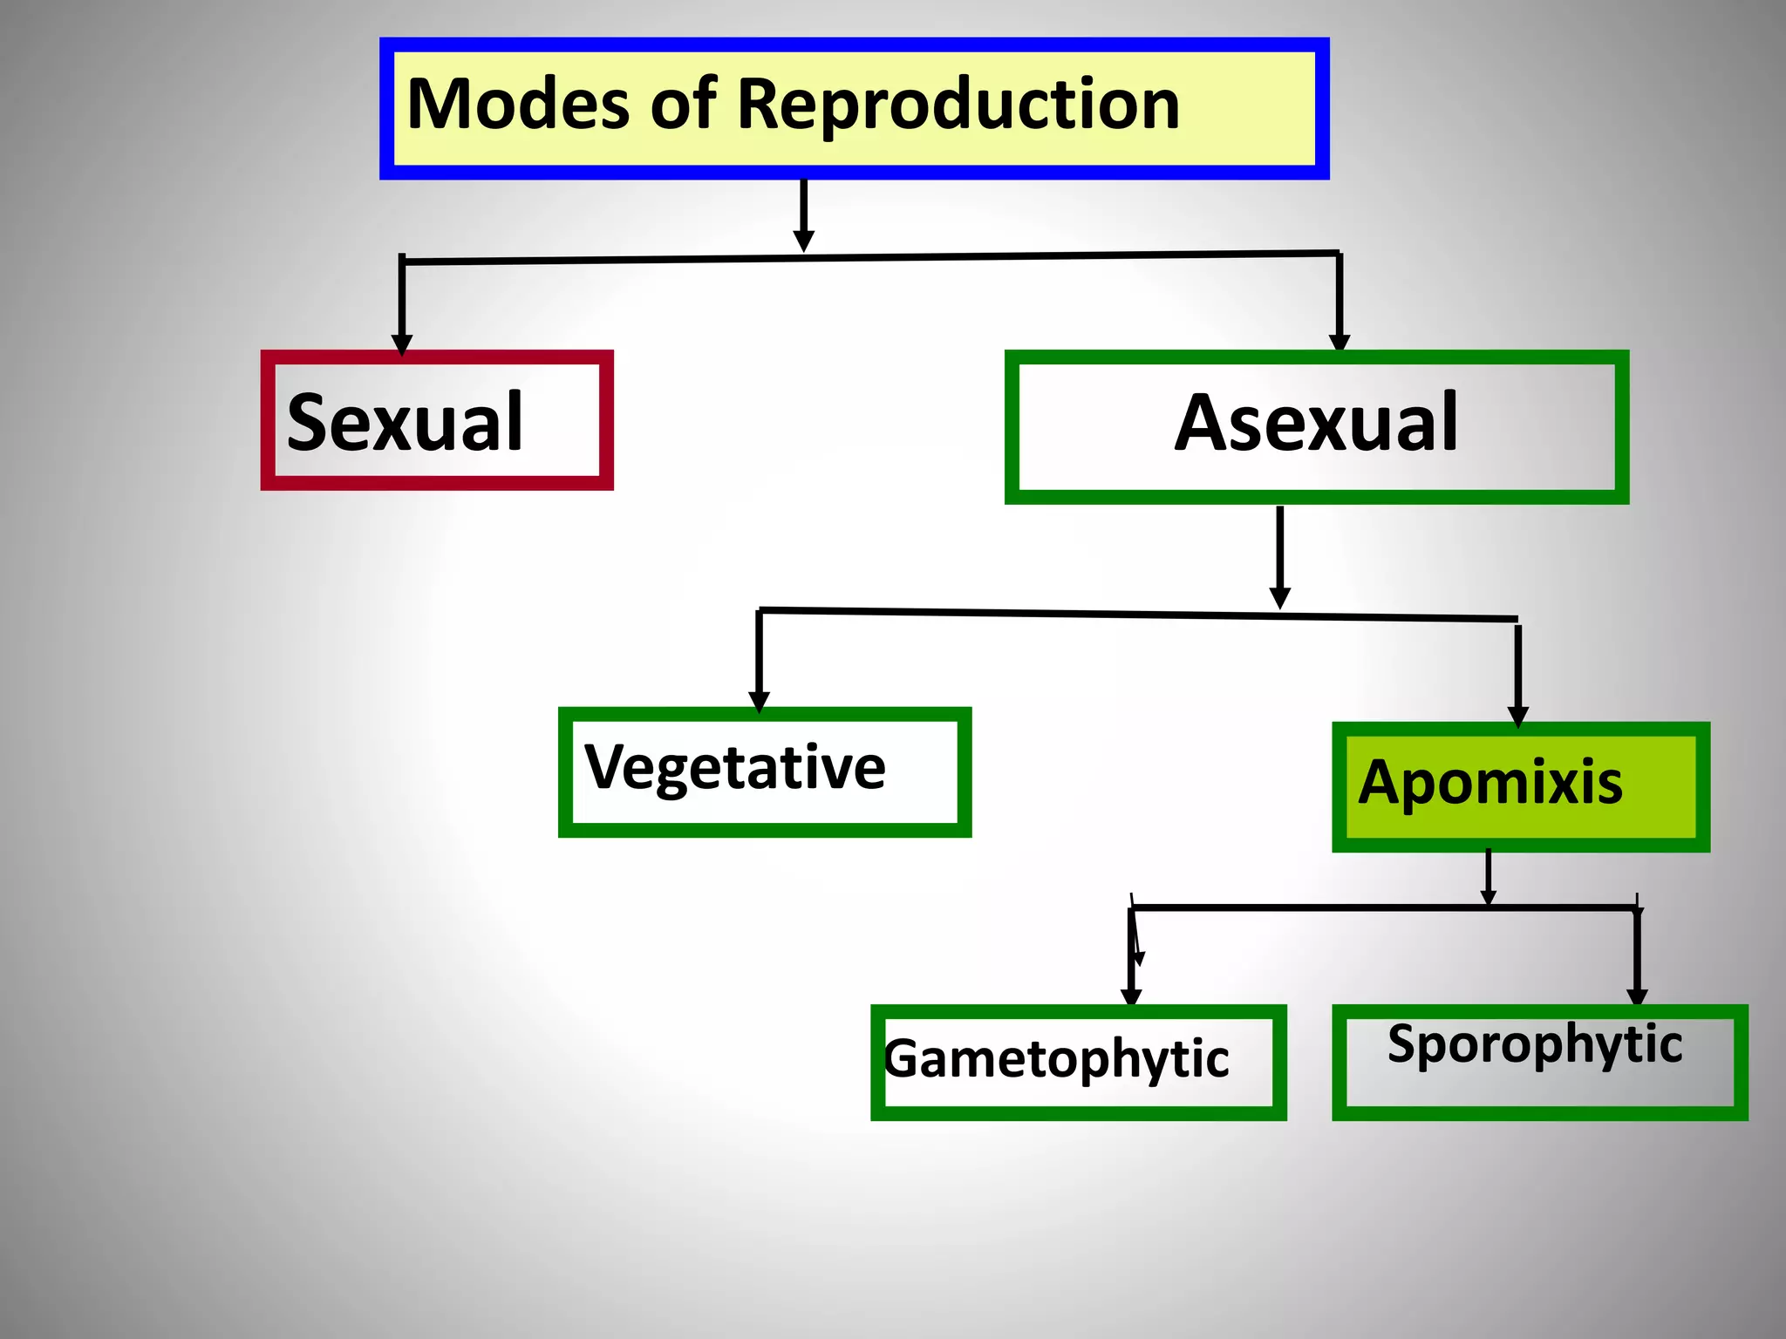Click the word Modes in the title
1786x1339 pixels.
520,105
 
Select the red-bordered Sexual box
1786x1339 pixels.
437,421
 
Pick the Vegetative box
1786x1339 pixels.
764,771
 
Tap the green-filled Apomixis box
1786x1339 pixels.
1520,785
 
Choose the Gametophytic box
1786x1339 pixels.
1078,1061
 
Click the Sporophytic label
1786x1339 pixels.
1535,1044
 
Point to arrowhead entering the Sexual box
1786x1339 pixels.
402,345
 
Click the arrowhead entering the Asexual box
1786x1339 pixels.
1340,343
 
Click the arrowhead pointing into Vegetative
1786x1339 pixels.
759,702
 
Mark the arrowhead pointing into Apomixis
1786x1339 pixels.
1518,717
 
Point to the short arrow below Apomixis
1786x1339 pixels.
1489,877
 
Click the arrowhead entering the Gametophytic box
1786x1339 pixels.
1131,997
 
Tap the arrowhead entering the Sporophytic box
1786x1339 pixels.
1637,997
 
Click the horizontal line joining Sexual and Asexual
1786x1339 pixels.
872,257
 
